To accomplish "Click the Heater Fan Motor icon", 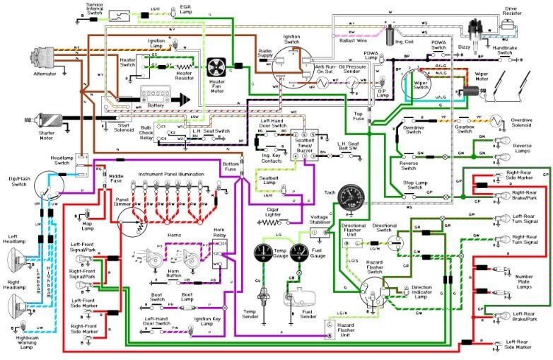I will point(215,68).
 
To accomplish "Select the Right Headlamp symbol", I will point(23,306).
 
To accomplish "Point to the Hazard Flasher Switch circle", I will point(373,291).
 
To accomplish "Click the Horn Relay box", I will point(219,253).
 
